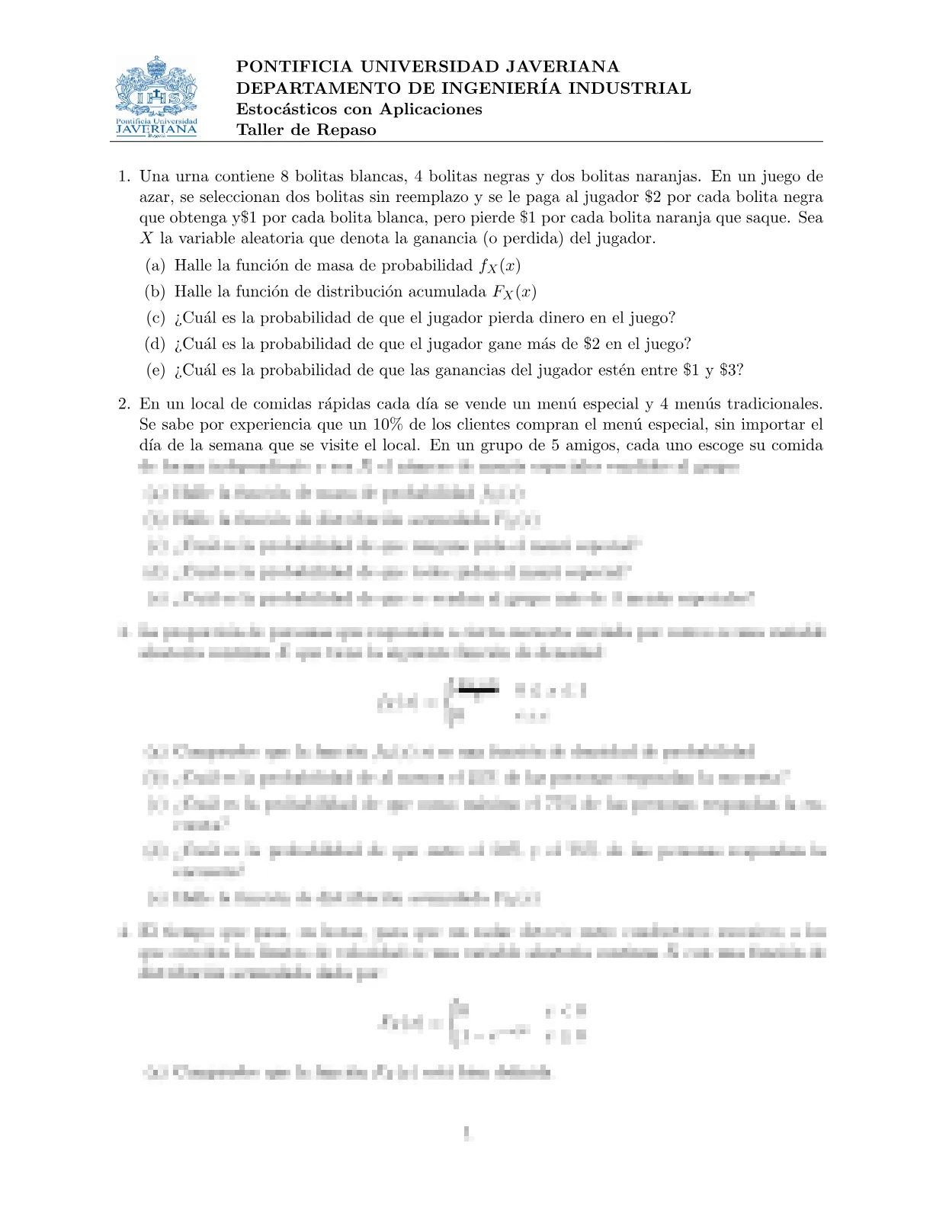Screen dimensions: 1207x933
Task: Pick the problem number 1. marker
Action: pos(124,177)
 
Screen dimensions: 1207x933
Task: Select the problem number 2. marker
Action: pos(124,404)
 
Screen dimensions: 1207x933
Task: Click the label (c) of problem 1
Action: pos(155,318)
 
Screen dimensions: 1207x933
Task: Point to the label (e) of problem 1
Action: pos(155,370)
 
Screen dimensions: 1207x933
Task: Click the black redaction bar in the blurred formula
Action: pos(477,690)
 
